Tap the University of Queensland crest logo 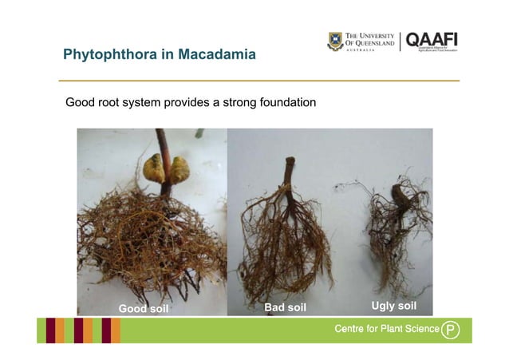pos(336,42)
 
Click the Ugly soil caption pos(394,307)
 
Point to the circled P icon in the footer pos(451,330)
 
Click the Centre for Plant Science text pos(386,330)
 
